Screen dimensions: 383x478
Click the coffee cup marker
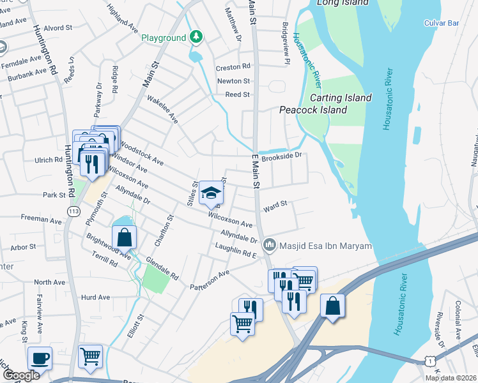point(40,359)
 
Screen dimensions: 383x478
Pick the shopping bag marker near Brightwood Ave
point(125,237)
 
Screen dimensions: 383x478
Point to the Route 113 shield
point(74,210)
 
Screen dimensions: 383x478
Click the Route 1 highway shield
point(423,361)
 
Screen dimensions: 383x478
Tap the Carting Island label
point(340,98)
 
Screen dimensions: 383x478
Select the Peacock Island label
point(313,110)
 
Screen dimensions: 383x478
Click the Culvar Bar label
point(442,23)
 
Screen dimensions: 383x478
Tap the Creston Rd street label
point(233,67)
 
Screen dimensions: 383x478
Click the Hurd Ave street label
point(96,297)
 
